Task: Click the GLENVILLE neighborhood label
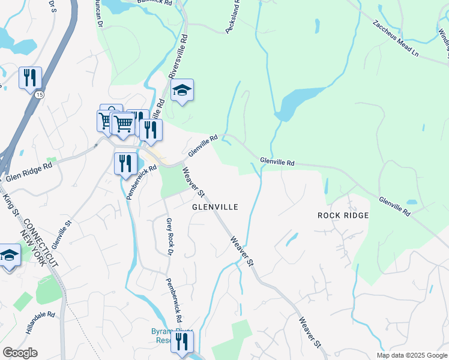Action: pos(215,207)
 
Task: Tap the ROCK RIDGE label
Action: pos(343,215)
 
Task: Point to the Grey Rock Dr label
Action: pos(169,236)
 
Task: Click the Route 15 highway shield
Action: pos(39,95)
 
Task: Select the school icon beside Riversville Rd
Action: pos(182,90)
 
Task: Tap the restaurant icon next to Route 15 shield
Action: pos(30,78)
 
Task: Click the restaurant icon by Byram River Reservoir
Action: pos(182,341)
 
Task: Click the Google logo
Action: pos(20,353)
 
